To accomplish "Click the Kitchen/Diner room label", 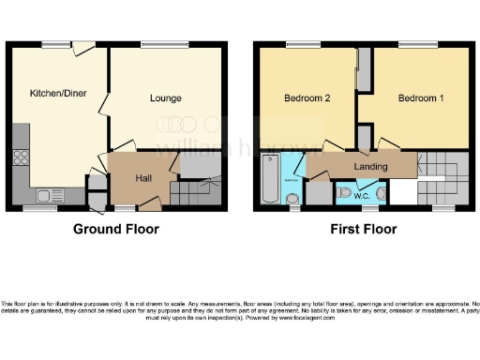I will tap(57, 94).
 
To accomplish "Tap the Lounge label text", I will tap(165, 98).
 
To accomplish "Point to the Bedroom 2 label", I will tap(306, 98).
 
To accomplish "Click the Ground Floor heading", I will tap(115, 229).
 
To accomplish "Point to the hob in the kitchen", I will tap(20, 158).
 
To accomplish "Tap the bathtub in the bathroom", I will tap(268, 178).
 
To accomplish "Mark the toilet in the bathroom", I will tap(293, 197).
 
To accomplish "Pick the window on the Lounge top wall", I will tap(156, 43).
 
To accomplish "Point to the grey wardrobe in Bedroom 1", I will tap(364, 71).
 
